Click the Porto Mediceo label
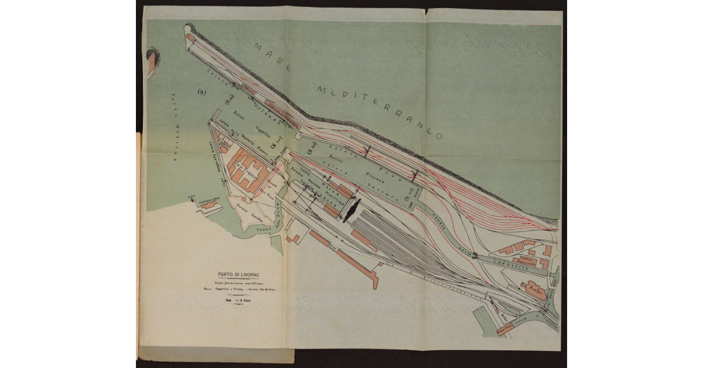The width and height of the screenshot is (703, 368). tap(173, 126)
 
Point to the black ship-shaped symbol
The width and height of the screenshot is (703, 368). tap(351, 209)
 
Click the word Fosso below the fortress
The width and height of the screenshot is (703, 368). tap(258, 230)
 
